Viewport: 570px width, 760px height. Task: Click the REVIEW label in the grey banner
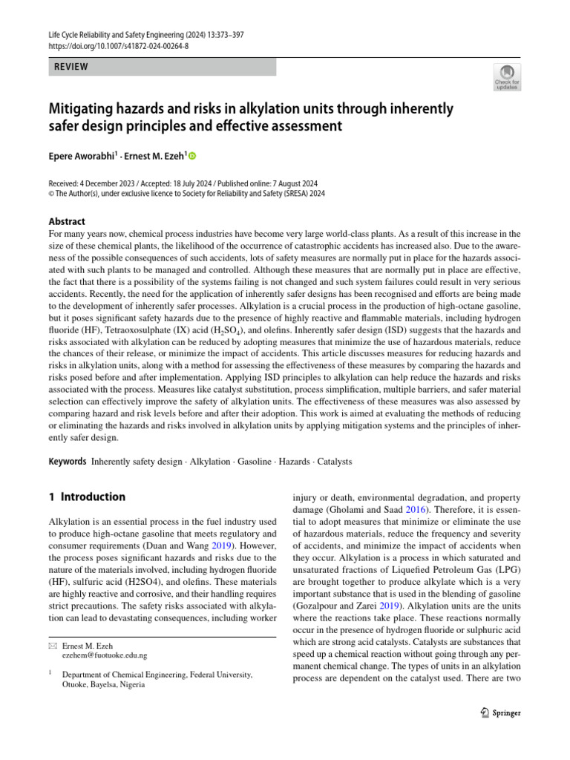tap(71, 67)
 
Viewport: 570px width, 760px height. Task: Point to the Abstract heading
tap(67, 221)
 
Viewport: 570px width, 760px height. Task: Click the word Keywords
tap(68, 461)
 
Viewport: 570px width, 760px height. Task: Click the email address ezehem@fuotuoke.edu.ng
tap(105, 655)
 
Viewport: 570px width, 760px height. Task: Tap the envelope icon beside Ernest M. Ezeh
tap(51, 646)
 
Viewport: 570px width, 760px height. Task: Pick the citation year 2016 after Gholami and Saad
tap(415, 511)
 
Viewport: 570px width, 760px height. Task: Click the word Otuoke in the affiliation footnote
tap(80, 685)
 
